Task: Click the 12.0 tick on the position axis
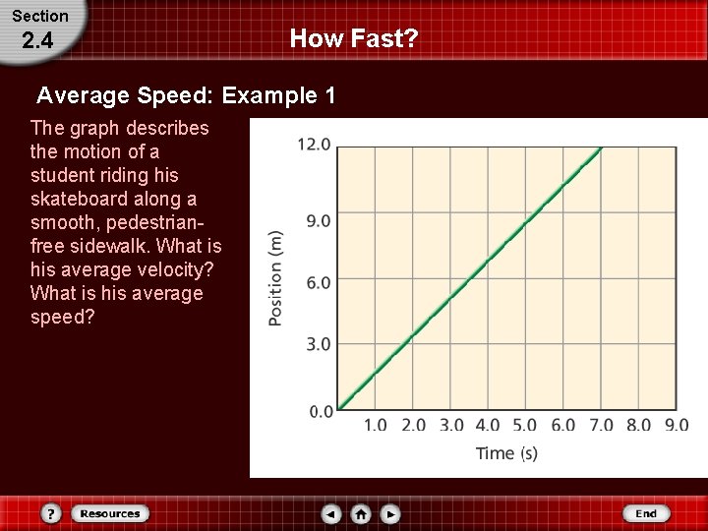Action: point(314,145)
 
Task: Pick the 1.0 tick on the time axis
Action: point(376,426)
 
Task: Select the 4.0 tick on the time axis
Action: point(488,426)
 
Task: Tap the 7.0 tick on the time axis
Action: point(601,426)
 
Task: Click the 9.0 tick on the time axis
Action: point(677,426)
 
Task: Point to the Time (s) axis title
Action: point(506,453)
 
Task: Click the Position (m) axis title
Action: point(276,278)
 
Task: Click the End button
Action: point(646,513)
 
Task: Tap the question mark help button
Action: point(52,513)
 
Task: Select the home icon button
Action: point(361,513)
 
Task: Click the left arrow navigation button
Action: point(331,513)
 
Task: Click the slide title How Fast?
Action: point(354,39)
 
